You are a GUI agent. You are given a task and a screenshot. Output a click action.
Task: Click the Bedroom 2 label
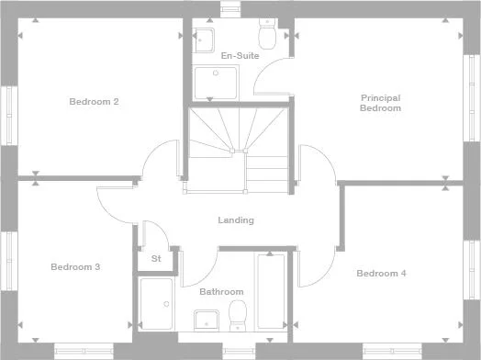(94, 101)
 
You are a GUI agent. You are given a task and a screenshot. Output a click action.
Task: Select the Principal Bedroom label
(380, 103)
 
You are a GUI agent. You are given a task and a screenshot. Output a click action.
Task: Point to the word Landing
(236, 220)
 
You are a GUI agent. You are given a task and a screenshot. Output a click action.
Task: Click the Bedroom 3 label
(75, 267)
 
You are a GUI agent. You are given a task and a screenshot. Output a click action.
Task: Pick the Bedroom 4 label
(381, 273)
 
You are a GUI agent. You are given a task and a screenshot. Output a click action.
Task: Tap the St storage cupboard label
(156, 259)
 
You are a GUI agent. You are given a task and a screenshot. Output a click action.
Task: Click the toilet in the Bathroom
(238, 313)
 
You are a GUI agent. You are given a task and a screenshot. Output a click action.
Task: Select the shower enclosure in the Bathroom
(157, 304)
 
